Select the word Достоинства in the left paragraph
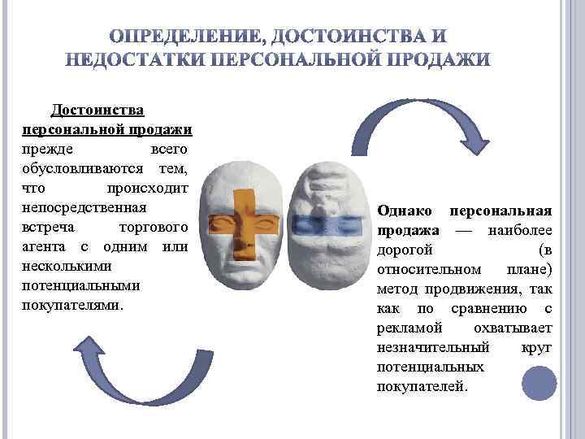point(98,110)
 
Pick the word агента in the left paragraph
point(47,246)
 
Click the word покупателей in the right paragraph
point(422,386)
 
